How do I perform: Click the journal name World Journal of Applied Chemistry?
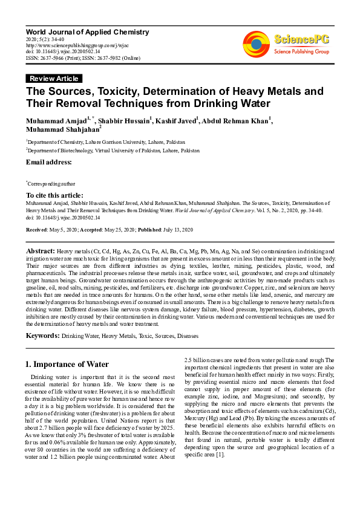coord(87,31)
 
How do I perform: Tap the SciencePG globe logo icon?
coord(256,44)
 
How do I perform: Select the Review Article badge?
coord(54,79)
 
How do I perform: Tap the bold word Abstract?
coord(41,250)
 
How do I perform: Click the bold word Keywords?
coord(42,335)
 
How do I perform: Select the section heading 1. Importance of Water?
coord(67,364)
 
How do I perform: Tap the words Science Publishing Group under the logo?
coord(301,52)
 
